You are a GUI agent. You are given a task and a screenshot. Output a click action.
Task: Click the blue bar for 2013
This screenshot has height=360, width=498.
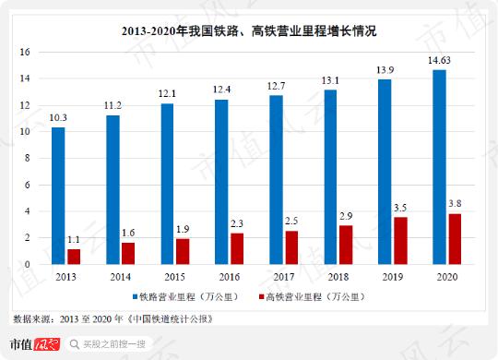[x=58, y=196]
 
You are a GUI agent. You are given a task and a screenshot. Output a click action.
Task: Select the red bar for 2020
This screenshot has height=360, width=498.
[x=454, y=239]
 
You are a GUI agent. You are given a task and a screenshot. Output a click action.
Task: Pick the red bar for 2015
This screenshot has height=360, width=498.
[x=182, y=251]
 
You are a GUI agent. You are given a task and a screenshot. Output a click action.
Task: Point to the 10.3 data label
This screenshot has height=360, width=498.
[x=58, y=117]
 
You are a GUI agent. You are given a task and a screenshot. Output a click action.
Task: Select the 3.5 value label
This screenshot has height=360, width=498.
[x=399, y=209]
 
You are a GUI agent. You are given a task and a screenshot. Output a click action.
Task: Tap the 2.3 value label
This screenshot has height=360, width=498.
[x=236, y=224]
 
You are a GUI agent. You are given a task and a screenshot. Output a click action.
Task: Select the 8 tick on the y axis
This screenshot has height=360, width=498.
[x=29, y=158]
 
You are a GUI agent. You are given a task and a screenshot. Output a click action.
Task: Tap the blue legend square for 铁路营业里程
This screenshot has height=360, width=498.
[x=134, y=297]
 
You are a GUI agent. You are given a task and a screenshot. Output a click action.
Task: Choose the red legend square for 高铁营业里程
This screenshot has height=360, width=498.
[x=259, y=297]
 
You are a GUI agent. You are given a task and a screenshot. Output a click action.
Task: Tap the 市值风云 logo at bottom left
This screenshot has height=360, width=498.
[x=34, y=346]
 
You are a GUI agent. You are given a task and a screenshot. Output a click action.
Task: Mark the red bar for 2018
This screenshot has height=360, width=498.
[x=345, y=245]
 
